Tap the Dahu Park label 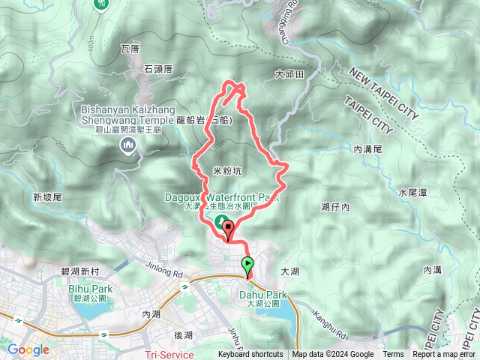pyautogui.click(x=263, y=295)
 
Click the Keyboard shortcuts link pyautogui.click(x=250, y=355)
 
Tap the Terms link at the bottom pyautogui.click(x=393, y=355)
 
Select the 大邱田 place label pyautogui.click(x=289, y=75)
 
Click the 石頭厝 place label pyautogui.click(x=159, y=68)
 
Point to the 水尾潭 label pyautogui.click(x=412, y=193)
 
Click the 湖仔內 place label pyautogui.click(x=335, y=206)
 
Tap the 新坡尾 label pyautogui.click(x=47, y=196)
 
